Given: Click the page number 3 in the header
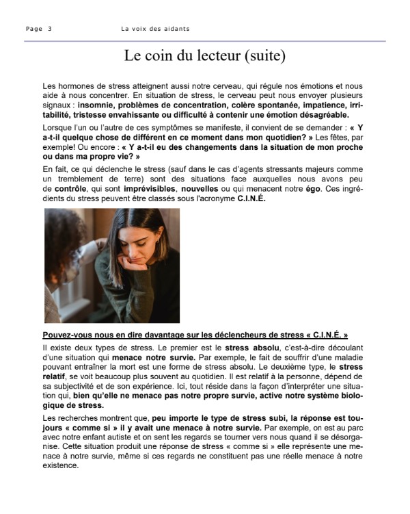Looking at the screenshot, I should click(50, 29).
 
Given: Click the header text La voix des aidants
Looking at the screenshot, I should click(155, 29).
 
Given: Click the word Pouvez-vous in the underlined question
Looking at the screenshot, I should click(64, 335).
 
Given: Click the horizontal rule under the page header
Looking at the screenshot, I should click(205, 41).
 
